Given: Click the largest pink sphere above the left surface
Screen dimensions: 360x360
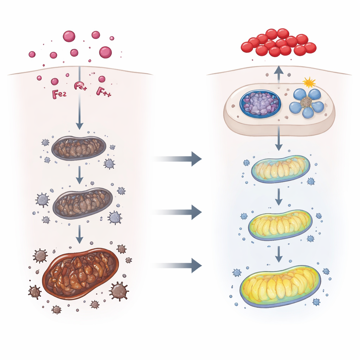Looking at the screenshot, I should click(x=105, y=52).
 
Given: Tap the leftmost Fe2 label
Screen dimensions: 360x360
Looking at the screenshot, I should click(x=59, y=94).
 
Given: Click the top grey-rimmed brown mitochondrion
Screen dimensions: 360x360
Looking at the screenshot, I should click(x=79, y=148).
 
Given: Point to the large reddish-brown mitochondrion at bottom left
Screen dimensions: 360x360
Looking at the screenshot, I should click(x=80, y=273).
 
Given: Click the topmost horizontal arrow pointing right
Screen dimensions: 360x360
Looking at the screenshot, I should click(x=179, y=159).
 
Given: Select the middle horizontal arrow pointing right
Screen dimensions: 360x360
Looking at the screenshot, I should click(x=179, y=212).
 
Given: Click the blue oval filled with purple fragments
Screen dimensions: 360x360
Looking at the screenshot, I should click(x=260, y=103).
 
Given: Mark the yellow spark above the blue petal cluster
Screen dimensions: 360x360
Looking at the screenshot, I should click(x=309, y=83).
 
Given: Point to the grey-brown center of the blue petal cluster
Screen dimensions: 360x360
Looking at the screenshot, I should click(x=306, y=102).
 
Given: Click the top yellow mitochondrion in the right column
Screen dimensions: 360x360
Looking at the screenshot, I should click(x=281, y=169).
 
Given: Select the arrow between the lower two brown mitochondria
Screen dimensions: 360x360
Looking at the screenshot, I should click(x=80, y=234).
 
